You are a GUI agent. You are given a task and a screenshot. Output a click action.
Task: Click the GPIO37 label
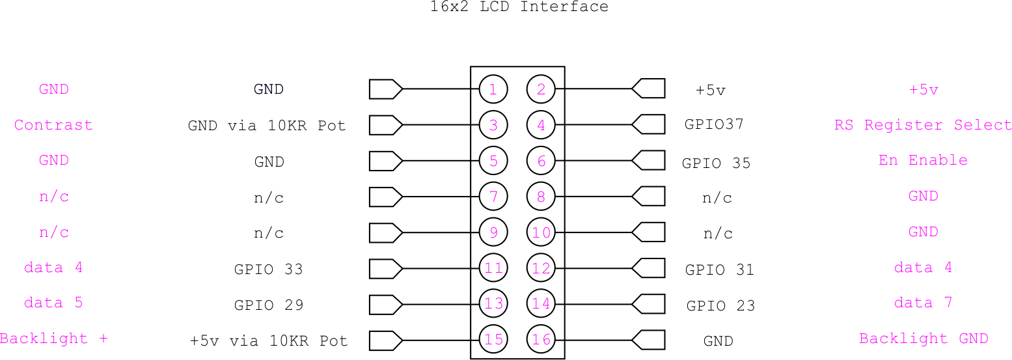pos(714,124)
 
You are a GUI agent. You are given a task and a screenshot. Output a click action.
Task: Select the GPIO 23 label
pos(720,306)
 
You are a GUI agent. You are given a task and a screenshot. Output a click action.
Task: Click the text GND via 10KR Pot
pos(267,125)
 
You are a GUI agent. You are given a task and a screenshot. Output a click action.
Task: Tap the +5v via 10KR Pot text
pos(269,340)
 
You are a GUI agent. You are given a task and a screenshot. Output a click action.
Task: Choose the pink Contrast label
pos(53,125)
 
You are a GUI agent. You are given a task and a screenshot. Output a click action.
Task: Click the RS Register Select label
pos(923,125)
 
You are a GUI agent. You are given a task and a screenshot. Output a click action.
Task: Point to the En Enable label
pos(923,160)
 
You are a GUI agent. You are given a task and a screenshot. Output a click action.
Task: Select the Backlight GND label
pos(923,339)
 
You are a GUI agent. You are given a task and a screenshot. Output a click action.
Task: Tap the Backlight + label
pos(54,339)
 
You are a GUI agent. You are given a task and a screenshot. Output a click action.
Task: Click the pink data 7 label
pos(923,303)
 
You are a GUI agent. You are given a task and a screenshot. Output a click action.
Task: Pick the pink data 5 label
pos(53,303)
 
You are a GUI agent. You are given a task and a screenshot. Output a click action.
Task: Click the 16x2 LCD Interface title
pos(519,7)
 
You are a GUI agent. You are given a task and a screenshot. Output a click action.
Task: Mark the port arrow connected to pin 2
pos(648,89)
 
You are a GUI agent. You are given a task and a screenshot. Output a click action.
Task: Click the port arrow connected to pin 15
pos(386,340)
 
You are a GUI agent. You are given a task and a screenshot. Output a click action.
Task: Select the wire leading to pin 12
pos(593,268)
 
